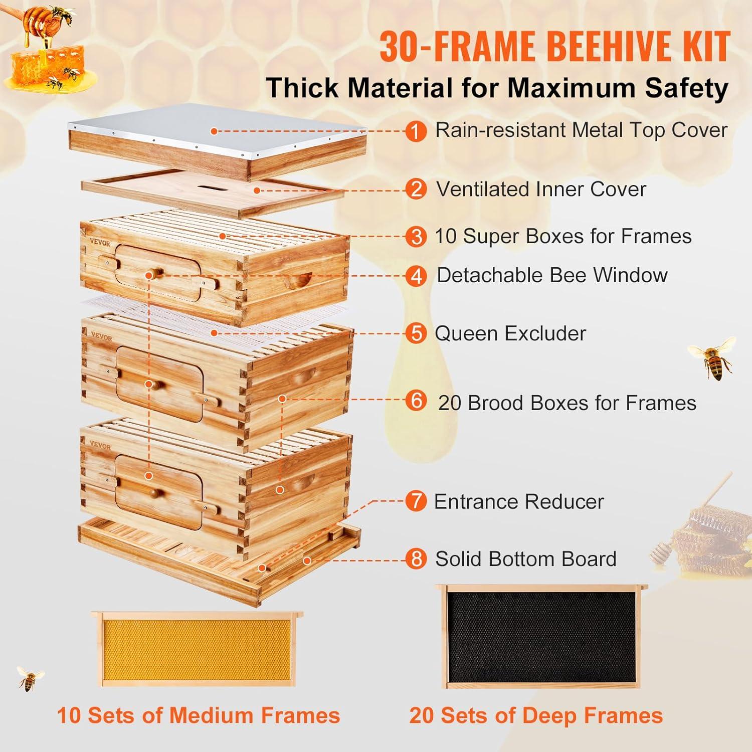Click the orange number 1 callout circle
[x=416, y=131]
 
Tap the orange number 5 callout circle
[x=416, y=333]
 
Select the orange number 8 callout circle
[x=416, y=559]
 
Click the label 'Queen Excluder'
[x=510, y=333]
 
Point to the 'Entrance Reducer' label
[x=518, y=501]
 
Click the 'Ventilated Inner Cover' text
[x=541, y=190]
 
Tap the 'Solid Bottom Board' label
[x=525, y=559]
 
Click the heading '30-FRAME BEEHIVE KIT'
[x=554, y=46]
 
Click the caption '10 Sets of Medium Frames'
[x=199, y=715]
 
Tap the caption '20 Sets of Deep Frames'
[x=536, y=715]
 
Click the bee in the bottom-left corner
[x=30, y=679]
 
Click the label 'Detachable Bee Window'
[x=551, y=275]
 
